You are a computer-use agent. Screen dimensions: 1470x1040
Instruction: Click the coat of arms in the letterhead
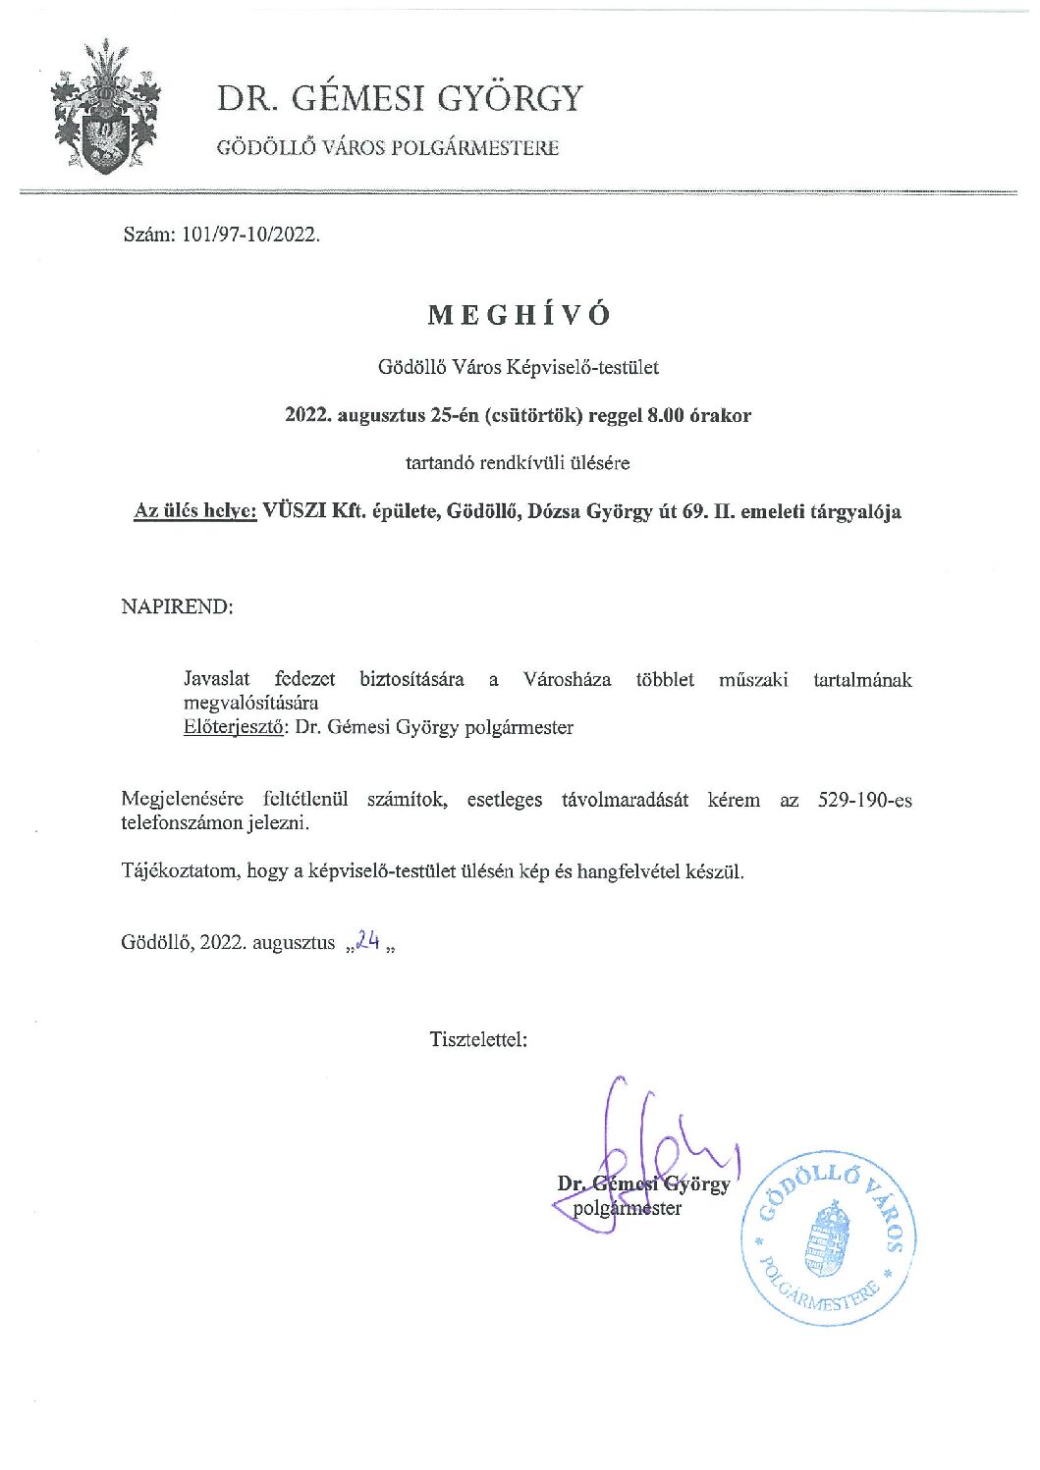tap(105, 108)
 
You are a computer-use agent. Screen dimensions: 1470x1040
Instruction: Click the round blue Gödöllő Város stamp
tap(829, 1238)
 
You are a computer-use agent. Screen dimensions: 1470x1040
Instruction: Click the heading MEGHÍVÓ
tap(519, 315)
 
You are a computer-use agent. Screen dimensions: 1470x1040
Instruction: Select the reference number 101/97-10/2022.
tap(251, 235)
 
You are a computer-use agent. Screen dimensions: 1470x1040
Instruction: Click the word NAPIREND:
tap(177, 606)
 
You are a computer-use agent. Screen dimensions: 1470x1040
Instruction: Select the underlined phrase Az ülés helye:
tap(195, 511)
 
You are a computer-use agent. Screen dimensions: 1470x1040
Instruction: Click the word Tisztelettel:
tap(478, 1039)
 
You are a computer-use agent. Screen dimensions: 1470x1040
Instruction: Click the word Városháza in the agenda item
tap(567, 679)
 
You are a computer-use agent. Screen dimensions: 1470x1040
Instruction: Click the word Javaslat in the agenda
tap(216, 679)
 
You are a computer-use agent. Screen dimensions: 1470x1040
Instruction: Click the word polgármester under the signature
tap(627, 1208)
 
